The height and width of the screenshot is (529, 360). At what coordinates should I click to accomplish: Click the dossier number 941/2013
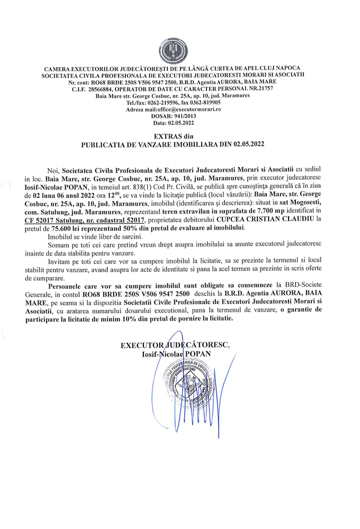point(188,116)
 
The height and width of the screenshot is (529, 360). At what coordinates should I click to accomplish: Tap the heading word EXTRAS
point(172,136)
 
